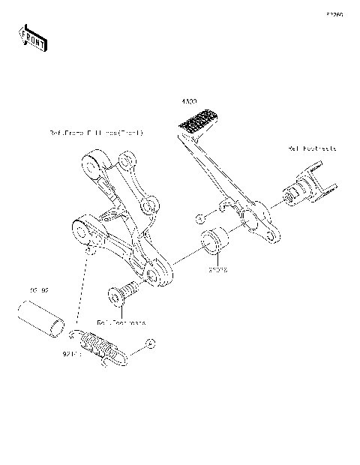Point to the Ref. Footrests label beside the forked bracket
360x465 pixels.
pyautogui.click(x=311, y=148)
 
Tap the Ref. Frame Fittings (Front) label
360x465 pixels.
pyautogui.click(x=96, y=133)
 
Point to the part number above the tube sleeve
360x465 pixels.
pyautogui.click(x=39, y=289)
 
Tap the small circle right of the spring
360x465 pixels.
pyautogui.click(x=148, y=343)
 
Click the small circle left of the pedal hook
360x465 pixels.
pyautogui.click(x=199, y=217)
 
